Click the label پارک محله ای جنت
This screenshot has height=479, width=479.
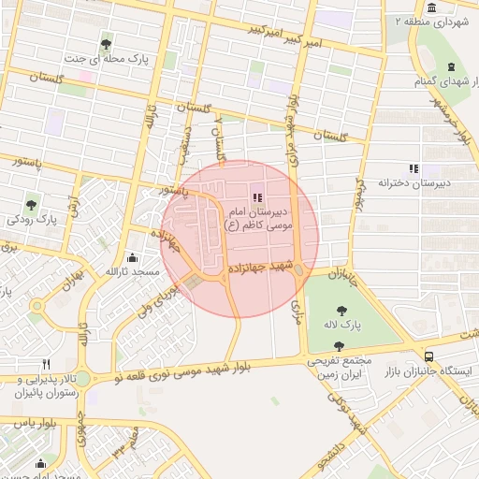pyautogui.click(x=104, y=58)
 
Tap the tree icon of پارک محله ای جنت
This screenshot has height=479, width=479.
pyautogui.click(x=105, y=43)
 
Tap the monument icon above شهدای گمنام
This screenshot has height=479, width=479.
pyautogui.click(x=452, y=66)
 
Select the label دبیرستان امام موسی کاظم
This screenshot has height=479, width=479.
pyautogui.click(x=259, y=219)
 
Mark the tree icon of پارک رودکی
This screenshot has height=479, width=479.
pyautogui.click(x=32, y=204)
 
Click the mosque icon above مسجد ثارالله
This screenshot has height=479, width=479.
pyautogui.click(x=132, y=257)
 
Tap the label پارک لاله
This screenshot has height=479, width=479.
pyautogui.click(x=343, y=325)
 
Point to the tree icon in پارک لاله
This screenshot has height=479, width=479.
pyautogui.click(x=343, y=309)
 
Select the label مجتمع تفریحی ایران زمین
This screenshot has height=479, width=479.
pyautogui.click(x=339, y=366)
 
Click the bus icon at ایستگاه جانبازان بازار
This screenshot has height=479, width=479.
pyautogui.click(x=428, y=356)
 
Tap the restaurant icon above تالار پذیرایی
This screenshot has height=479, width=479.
pyautogui.click(x=46, y=364)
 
